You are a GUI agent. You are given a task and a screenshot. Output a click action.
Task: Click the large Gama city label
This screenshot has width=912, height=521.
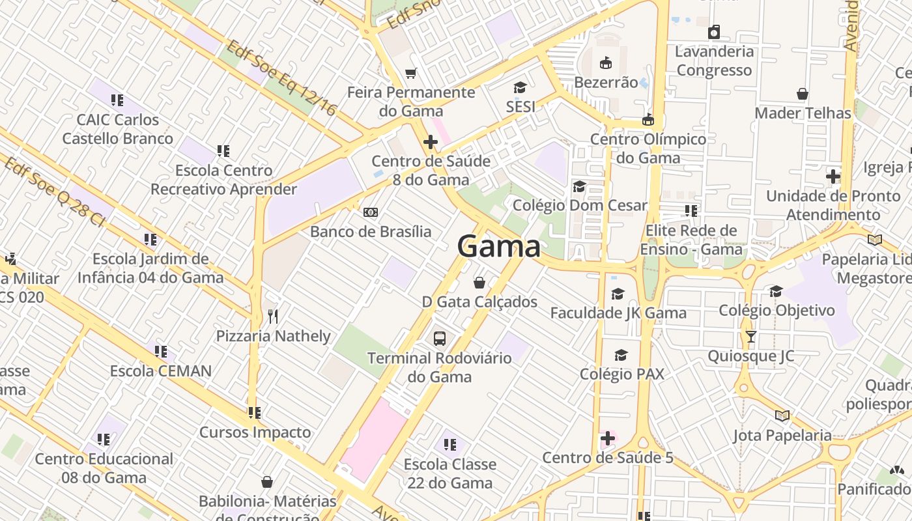click(x=498, y=247)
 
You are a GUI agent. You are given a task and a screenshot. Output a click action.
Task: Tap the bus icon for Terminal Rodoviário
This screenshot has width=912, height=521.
click(x=440, y=339)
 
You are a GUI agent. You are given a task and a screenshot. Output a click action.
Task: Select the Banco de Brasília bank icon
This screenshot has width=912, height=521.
click(x=371, y=212)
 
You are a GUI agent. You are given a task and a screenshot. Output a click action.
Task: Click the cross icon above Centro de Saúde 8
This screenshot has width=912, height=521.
click(x=430, y=142)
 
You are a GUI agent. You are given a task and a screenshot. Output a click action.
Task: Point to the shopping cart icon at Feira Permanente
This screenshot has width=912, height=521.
click(x=410, y=74)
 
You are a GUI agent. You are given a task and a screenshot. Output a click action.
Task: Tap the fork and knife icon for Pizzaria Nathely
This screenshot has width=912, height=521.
click(x=273, y=317)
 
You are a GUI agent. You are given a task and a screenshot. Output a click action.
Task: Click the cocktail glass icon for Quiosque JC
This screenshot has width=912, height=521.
click(x=750, y=337)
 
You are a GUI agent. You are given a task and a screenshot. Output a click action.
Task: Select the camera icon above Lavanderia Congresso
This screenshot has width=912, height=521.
click(x=714, y=32)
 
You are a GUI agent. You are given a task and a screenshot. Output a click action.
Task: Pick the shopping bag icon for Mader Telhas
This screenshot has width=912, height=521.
click(x=803, y=94)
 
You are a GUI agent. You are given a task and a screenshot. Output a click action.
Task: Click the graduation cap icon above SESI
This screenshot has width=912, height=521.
click(x=520, y=87)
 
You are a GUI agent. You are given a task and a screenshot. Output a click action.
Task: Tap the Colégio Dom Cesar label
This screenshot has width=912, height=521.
click(x=580, y=205)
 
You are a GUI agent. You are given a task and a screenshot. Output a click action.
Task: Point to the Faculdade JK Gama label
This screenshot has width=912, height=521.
click(x=618, y=313)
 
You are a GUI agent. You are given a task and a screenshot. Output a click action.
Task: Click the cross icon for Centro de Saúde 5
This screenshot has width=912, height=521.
click(x=608, y=438)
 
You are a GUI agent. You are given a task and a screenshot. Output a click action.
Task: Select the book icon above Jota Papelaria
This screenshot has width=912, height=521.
click(x=782, y=415)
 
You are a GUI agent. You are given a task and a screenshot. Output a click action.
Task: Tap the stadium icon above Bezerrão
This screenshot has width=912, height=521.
click(x=606, y=63)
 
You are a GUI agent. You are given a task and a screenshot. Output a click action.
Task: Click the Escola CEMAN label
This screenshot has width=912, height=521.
click(x=160, y=371)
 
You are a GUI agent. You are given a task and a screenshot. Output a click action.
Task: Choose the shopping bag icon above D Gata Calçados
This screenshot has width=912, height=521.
click(x=479, y=283)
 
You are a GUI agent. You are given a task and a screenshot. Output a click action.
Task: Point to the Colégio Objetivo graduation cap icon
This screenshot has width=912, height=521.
click(x=776, y=291)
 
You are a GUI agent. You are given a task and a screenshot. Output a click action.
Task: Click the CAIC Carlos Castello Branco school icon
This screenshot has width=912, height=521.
click(x=117, y=100)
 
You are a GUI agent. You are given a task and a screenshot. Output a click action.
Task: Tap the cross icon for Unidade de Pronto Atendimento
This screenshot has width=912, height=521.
click(x=833, y=176)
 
